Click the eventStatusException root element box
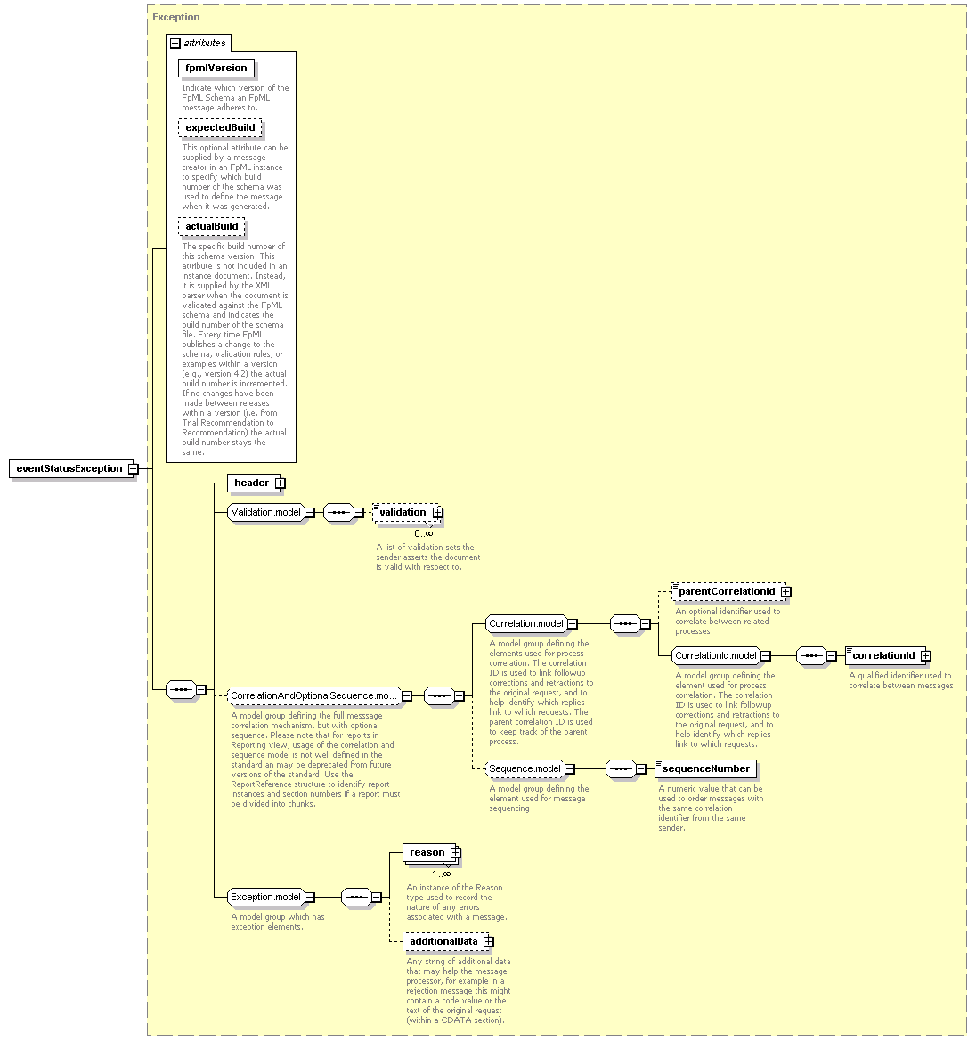[69, 468]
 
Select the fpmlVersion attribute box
[216, 69]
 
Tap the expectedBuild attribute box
[220, 127]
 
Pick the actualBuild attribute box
[212, 227]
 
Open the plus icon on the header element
[280, 483]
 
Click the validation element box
[406, 513]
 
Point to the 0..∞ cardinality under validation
[423, 533]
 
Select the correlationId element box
[886, 656]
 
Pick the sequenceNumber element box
[705, 768]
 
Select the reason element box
[430, 853]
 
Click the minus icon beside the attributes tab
[175, 43]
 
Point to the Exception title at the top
[175, 17]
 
